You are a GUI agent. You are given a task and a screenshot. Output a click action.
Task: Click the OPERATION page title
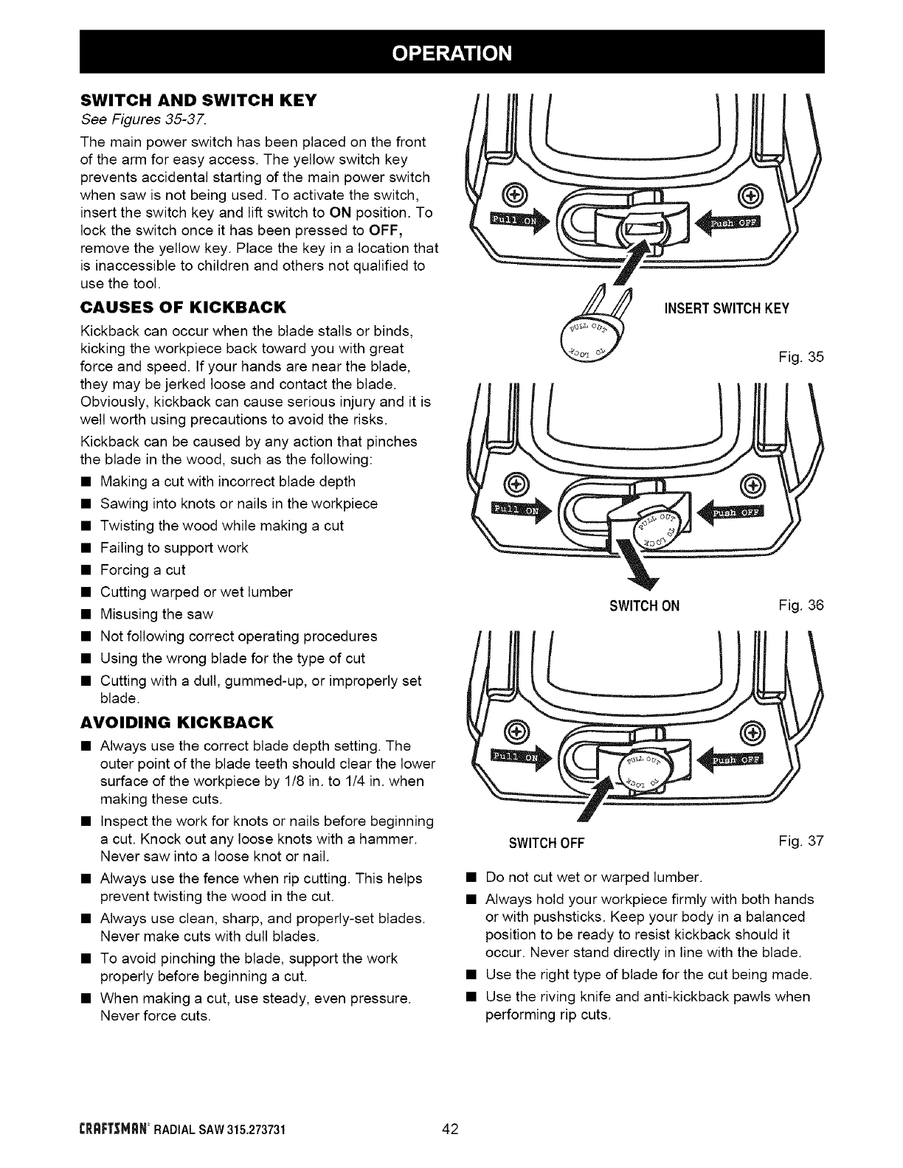click(x=451, y=52)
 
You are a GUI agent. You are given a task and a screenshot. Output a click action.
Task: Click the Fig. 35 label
click(x=801, y=358)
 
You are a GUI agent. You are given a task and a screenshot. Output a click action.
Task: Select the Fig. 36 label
click(x=801, y=606)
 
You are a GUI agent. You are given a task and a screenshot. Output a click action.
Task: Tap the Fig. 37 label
click(x=800, y=841)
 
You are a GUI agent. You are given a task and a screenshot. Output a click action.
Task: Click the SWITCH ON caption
click(x=644, y=607)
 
